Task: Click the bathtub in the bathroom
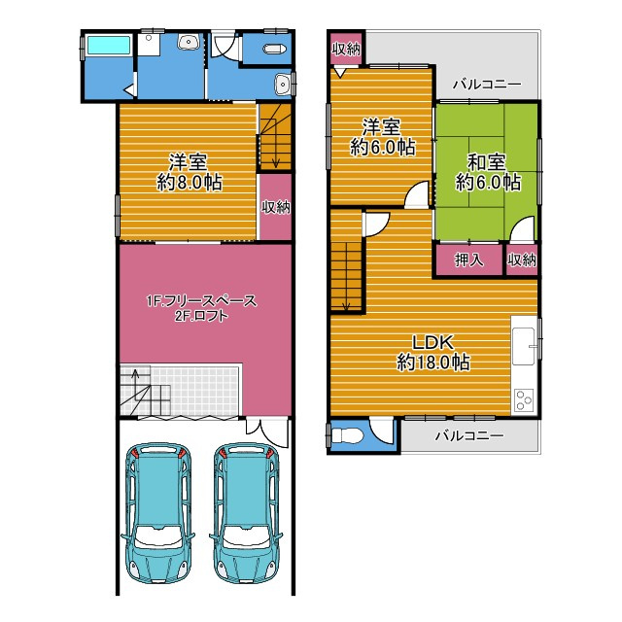pos(109,46)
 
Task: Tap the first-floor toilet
pos(274,49)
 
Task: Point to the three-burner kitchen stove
pos(524,400)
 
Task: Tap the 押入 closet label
pos(468,259)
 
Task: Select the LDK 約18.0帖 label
pos(433,352)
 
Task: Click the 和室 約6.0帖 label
pos(488,172)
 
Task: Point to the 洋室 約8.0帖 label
pos(189,172)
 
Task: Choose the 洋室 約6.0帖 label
pos(382,137)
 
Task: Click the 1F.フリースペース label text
pos(201,301)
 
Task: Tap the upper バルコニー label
pos(487,85)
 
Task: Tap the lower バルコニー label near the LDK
pos(469,436)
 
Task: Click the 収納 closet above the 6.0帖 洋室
pos(346,49)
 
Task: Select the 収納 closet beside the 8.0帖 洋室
pos(276,207)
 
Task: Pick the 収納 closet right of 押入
pos(522,259)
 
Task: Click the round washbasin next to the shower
pos(189,41)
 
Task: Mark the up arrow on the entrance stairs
pos(136,384)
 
